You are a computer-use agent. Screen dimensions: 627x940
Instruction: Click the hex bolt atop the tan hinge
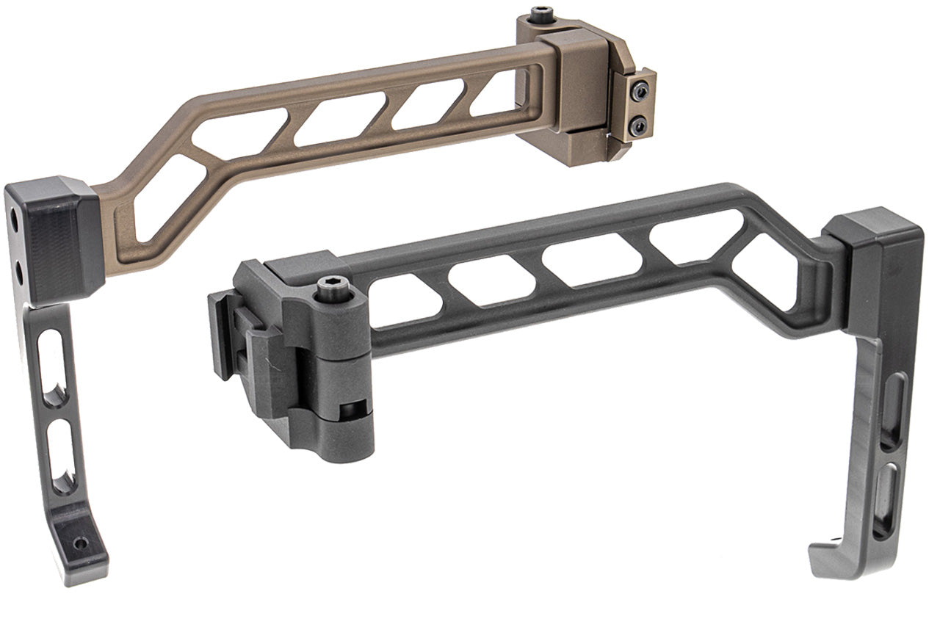(543, 13)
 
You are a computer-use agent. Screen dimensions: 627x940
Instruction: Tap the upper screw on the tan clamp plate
(640, 90)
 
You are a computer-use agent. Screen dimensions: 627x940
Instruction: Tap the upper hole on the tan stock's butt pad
(15, 219)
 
